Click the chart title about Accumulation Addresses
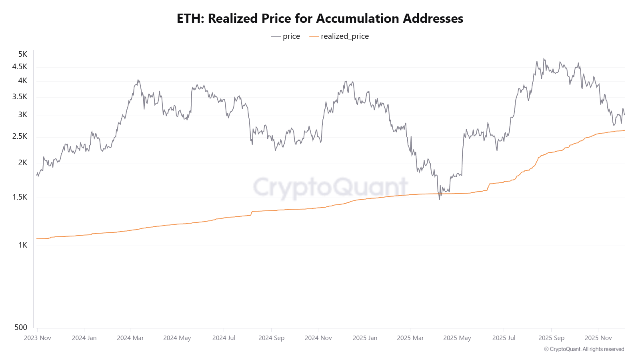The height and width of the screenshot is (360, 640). pos(320,18)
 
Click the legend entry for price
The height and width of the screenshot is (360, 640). pos(286,36)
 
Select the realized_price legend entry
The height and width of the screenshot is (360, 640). pos(339,36)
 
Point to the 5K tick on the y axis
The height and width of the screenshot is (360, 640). pos(23,54)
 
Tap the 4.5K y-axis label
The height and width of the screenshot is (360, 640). pos(20,66)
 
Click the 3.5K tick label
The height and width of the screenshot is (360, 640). pos(20,96)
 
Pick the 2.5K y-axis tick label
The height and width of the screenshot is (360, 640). pos(20,136)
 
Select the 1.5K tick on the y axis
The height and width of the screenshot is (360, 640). pos(20,197)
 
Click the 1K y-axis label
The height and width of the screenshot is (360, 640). pos(23,245)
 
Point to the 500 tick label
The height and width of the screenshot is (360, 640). pos(21,327)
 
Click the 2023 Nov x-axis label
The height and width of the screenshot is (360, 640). pos(38,338)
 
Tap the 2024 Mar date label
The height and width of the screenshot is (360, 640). pos(130,338)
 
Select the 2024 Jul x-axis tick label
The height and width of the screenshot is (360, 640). pos(224,338)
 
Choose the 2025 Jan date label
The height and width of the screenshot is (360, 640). pos(365,338)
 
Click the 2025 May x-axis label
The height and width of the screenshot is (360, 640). pos(457,338)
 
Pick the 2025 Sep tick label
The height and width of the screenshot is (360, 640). pos(551,338)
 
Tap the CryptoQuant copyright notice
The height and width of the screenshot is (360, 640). pos(584,349)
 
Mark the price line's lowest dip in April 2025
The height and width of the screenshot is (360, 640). pos(440,199)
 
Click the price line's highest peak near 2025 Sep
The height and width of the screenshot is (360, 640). pos(544,59)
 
